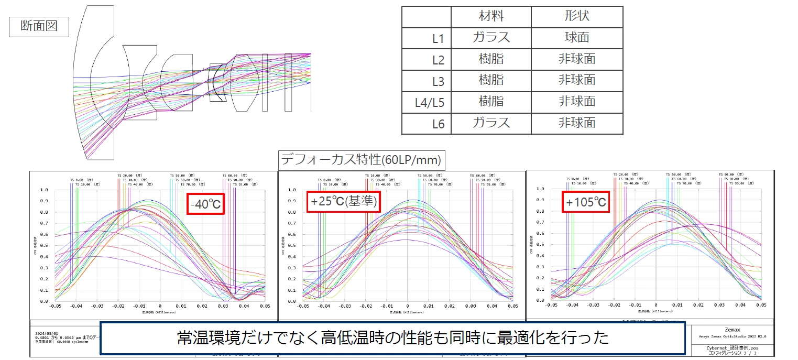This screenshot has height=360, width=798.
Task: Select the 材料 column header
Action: (491, 16)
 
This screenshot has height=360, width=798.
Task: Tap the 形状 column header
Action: (577, 16)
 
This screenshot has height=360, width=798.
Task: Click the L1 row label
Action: (438, 38)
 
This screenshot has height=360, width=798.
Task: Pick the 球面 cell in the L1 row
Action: (577, 38)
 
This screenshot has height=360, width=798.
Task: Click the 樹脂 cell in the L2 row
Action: (491, 59)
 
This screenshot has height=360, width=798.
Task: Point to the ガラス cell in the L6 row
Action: (491, 123)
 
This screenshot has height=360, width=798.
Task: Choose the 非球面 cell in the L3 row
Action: (577, 80)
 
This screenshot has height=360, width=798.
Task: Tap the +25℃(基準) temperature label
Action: (344, 202)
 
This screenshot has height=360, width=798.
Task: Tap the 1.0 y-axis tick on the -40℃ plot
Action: (45, 190)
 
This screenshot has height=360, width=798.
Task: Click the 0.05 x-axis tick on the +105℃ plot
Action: (761, 304)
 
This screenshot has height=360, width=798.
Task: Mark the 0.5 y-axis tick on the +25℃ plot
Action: (292, 246)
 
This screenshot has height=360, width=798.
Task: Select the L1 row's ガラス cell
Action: (491, 38)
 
